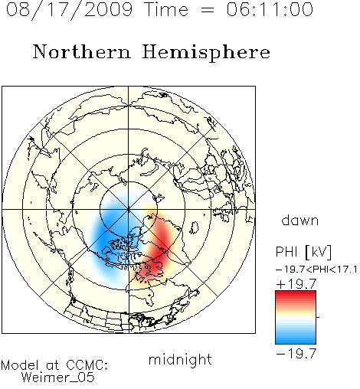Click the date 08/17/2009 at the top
coord(69,10)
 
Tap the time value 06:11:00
coord(270,9)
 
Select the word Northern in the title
coord(82,51)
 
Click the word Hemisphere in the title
coord(206,53)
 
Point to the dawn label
coord(300,220)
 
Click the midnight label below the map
coord(180,359)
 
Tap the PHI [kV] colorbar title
coord(303,252)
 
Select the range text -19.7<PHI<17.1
coord(316,270)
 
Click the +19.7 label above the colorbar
coord(296,284)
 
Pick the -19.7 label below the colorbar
coord(296,354)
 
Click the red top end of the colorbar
coord(296,293)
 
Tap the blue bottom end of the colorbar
coord(296,342)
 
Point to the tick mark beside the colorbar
coord(318,317)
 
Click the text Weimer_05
coord(58,378)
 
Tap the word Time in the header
coord(166,9)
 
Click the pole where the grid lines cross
coord(129,209)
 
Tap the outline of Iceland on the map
coord(195,227)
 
